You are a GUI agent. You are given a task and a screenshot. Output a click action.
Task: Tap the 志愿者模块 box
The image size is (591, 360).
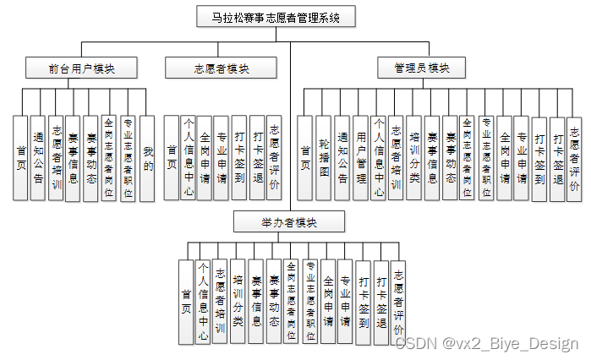point(222,68)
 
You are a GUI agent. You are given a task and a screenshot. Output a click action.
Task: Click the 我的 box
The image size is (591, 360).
point(147,157)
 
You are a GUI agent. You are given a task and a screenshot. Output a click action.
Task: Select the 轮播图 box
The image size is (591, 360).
point(324,157)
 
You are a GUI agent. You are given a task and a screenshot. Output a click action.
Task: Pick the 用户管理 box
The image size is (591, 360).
point(360,157)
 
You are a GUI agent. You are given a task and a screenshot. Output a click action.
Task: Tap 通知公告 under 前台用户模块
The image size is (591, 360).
point(37,157)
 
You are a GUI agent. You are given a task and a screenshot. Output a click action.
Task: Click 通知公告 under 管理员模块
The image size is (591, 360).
point(342,157)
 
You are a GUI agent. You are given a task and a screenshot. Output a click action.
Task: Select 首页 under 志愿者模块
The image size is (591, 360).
point(172,157)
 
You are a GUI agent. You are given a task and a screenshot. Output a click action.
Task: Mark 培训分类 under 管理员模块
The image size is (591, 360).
point(414,157)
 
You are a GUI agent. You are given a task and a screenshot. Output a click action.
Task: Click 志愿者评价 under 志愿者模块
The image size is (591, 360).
point(275,157)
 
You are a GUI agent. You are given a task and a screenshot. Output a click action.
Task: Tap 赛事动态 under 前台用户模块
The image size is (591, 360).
point(92,157)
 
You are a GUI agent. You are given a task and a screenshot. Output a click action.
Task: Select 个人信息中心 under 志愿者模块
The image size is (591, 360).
point(189,157)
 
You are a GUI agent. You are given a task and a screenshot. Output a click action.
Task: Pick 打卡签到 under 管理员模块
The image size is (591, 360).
point(539,157)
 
